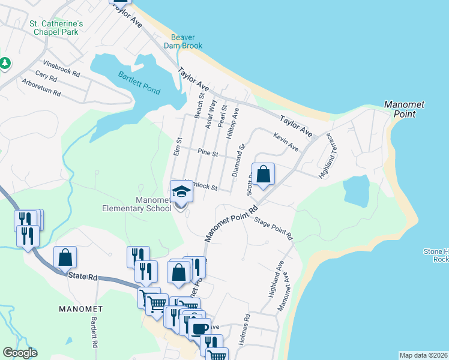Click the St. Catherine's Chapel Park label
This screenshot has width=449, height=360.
pos(56,28)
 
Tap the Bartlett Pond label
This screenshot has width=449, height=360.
pos(139,83)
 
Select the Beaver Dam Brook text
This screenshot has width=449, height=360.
pos(183,41)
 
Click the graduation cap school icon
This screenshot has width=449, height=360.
pos(180,191)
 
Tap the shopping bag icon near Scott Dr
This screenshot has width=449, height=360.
pos(263,174)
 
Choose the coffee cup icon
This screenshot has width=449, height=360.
pos(199,328)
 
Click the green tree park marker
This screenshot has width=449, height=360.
pos(5,63)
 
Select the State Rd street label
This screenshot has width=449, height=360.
pos(83,275)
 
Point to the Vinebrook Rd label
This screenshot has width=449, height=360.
pos(61,68)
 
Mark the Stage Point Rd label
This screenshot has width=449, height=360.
pos(273,229)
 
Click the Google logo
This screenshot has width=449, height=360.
pos(20,353)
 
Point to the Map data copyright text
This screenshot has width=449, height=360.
pos(423,355)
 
